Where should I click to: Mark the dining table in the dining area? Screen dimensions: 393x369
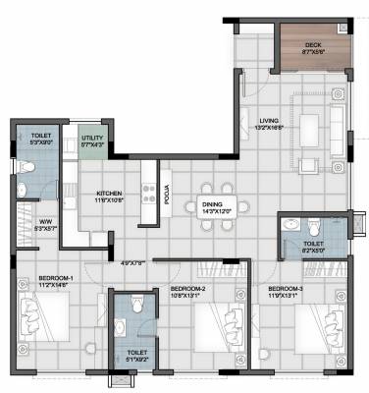click(214, 188)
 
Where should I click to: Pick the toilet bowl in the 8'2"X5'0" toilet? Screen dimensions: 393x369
click(290, 225)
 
